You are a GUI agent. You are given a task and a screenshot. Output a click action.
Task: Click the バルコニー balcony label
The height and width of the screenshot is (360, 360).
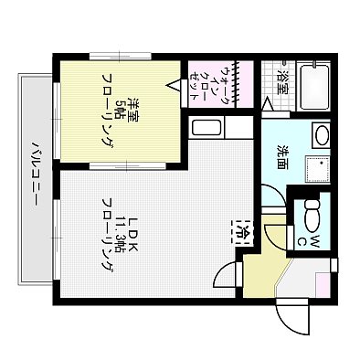pyautogui.click(x=36, y=175)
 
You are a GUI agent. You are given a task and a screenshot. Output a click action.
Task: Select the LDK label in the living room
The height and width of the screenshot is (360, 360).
pyautogui.click(x=132, y=223)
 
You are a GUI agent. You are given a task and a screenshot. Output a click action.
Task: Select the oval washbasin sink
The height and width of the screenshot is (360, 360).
pyautogui.click(x=321, y=136)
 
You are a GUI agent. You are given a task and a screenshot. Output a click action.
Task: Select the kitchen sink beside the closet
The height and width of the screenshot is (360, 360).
pyautogui.click(x=207, y=128)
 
